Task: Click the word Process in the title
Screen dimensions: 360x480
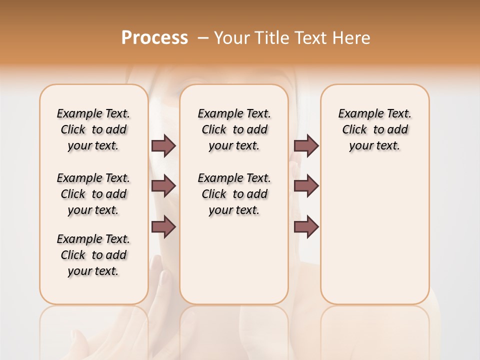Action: point(154,37)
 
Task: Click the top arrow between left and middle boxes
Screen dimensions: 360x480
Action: point(163,145)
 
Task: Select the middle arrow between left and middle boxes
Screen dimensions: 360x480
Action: point(163,186)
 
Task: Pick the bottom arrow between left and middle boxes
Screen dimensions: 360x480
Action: point(163,227)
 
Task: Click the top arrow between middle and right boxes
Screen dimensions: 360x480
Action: point(306,145)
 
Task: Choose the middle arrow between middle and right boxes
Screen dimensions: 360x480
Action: point(306,186)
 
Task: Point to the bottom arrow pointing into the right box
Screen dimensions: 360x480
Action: point(306,227)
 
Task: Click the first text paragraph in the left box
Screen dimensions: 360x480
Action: point(93,129)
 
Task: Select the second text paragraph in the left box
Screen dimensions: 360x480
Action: point(93,194)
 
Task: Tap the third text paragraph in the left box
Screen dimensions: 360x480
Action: point(93,255)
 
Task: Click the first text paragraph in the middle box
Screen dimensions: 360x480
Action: point(234,129)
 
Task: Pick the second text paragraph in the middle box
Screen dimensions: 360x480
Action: point(234,194)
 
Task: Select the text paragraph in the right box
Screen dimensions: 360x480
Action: point(375,129)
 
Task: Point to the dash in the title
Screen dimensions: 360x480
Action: point(203,38)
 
